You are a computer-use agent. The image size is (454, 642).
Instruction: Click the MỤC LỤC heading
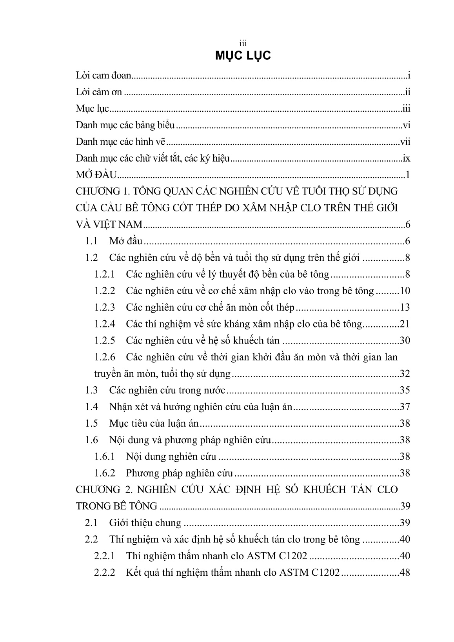pos(243,56)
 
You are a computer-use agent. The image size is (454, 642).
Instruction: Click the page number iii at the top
pos(243,44)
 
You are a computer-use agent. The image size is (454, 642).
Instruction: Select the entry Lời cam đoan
pos(103,76)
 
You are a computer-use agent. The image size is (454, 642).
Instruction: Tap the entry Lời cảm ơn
pos(99,93)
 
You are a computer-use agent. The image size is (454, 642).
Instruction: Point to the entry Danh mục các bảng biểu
pos(125,125)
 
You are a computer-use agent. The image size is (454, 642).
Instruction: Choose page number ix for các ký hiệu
pos(406,158)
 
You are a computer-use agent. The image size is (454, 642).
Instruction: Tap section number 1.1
pos(91,241)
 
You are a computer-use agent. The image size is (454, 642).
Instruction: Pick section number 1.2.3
pos(105,307)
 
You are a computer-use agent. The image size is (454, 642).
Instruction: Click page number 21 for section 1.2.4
pos(404,324)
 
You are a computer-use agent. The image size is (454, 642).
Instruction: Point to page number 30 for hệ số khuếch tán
pos(404,340)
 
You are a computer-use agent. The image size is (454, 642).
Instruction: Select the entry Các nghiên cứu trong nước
pos(167,390)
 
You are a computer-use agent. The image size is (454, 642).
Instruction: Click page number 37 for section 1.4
pos(404,407)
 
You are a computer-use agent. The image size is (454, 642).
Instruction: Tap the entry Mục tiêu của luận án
pos(154,424)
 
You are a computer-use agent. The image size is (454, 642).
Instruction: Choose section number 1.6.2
pos(105,473)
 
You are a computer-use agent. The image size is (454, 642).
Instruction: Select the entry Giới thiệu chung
pos(145,523)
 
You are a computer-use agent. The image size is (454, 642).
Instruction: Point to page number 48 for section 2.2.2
pos(404,573)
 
